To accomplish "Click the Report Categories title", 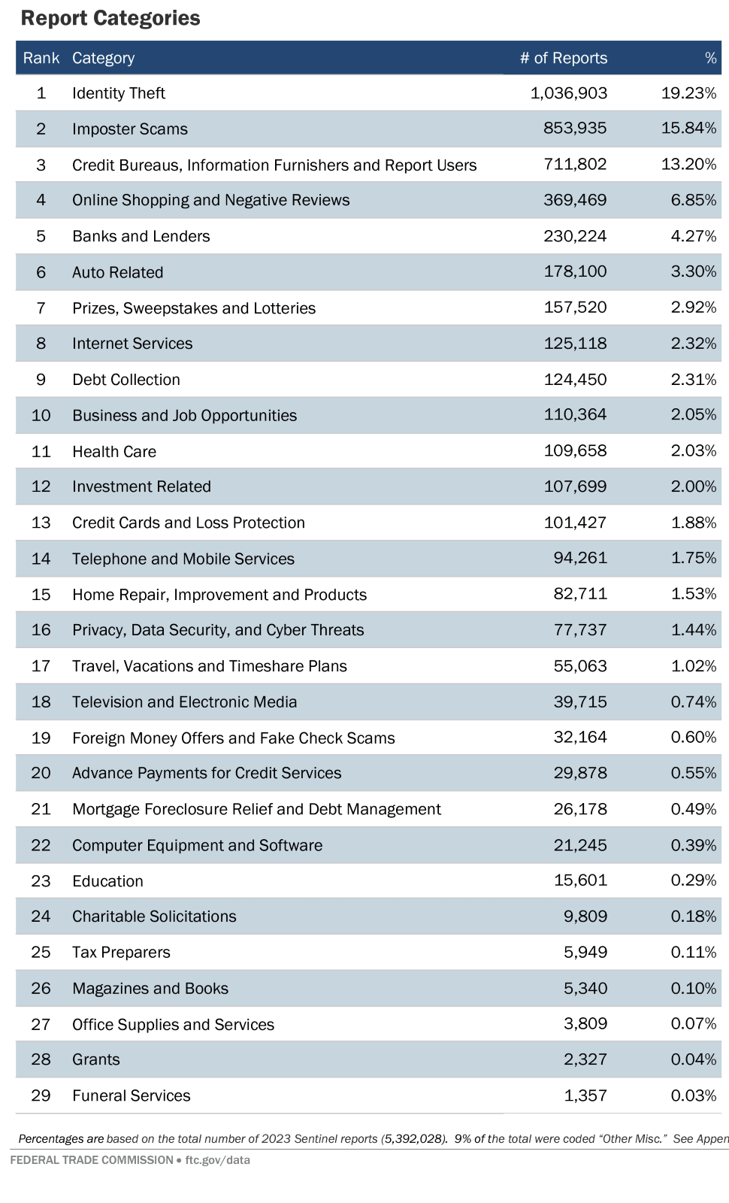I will coord(110,18).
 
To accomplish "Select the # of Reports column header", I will coord(563,58).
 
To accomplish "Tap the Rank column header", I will coord(41,58).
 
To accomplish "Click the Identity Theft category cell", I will coord(119,93).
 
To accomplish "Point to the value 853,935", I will coord(575,129).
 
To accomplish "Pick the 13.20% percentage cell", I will coord(688,164).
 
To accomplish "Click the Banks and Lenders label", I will coord(141,236).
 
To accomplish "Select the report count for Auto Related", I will coord(575,271).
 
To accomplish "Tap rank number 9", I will coord(41,380).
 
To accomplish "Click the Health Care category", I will coord(114,452).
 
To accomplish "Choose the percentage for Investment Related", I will coord(693,486).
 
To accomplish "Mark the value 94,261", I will coord(580,558).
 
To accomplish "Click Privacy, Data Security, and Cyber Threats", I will coord(218,630).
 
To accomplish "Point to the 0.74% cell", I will coord(693,701).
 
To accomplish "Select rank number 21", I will coord(41,809).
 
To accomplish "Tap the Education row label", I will coord(107,881).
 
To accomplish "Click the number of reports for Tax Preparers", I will coord(585,952).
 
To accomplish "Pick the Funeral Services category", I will coord(131,1095).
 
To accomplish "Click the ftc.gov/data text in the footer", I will coord(217,1160).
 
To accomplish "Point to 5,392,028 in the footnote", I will coord(414,1139).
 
